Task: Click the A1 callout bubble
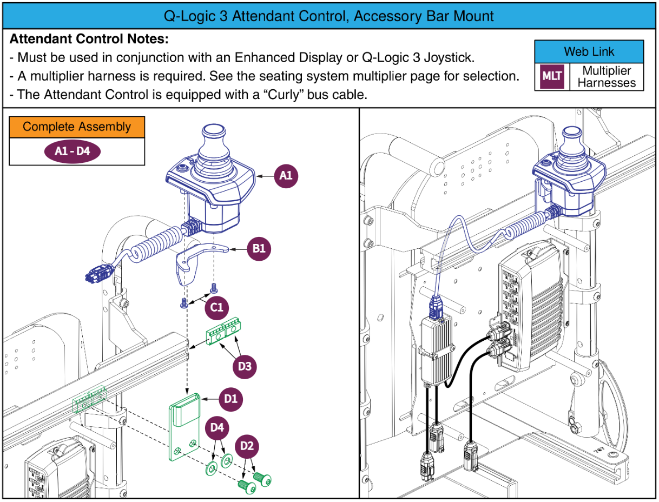coord(286,176)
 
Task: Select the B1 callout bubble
coord(259,249)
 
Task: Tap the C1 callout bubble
coord(216,307)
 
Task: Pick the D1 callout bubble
coord(230,399)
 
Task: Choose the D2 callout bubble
coord(247,446)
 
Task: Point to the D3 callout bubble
coord(245,366)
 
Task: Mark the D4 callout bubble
coord(217,427)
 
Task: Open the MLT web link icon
coord(551,77)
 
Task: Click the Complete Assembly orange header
coord(77,127)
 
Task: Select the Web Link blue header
coord(589,52)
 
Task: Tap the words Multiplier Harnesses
coord(606,77)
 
